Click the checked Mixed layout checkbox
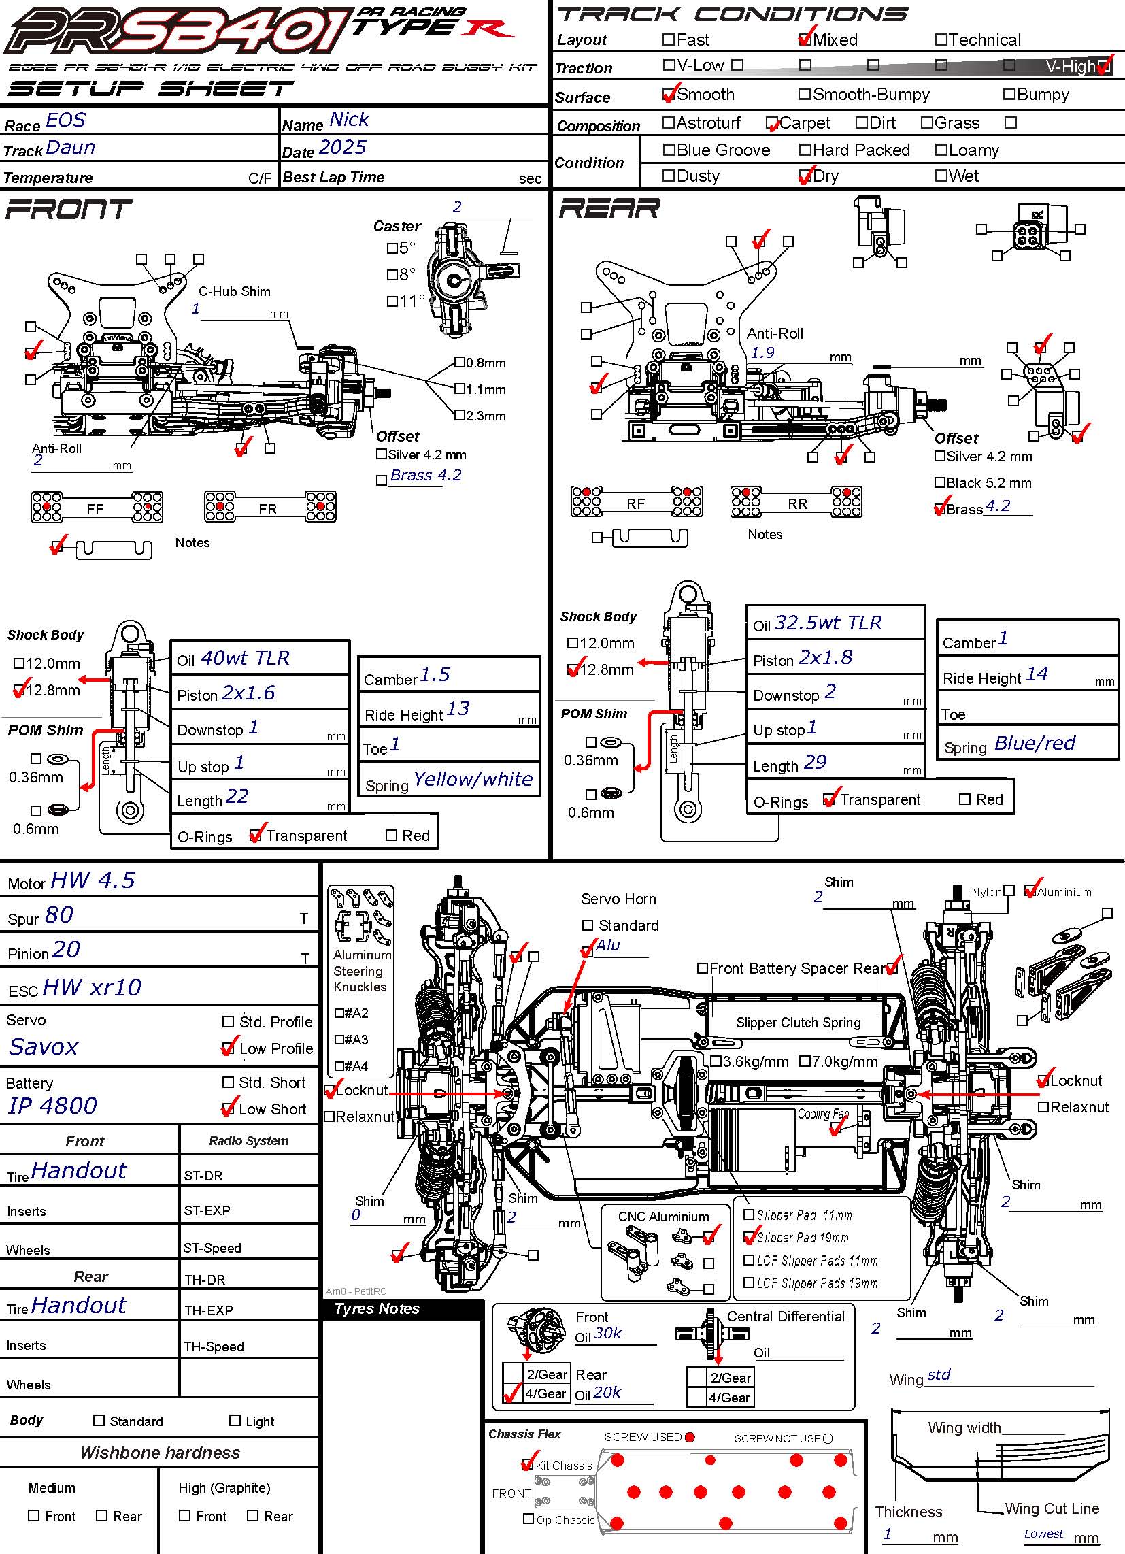(805, 39)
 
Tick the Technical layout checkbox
(941, 39)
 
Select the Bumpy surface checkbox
(1009, 94)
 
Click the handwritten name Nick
(349, 120)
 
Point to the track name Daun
(71, 148)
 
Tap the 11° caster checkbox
(392, 301)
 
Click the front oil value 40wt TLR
(245, 659)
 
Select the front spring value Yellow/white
(473, 779)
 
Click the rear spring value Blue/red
(1034, 744)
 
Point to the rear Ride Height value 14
(1036, 675)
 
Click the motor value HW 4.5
(93, 880)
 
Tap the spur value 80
(59, 915)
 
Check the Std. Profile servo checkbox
(228, 1022)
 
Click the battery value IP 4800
(53, 1106)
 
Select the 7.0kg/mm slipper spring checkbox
(805, 1061)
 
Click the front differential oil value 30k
(607, 1333)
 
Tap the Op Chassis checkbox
(528, 1519)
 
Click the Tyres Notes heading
(377, 1308)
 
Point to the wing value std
(939, 1375)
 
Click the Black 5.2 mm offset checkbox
(940, 482)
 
